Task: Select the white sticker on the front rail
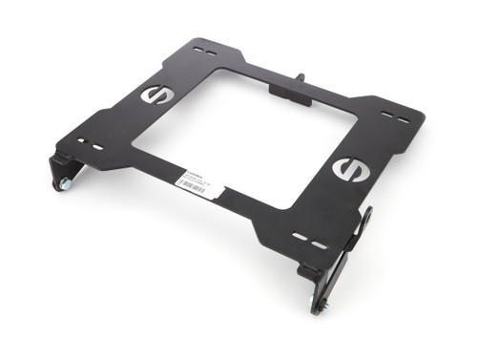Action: click(x=200, y=181)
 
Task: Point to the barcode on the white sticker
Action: click(x=204, y=187)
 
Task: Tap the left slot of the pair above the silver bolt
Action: click(x=84, y=142)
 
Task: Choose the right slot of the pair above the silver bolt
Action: click(x=99, y=148)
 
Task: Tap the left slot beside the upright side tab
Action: click(x=301, y=237)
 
